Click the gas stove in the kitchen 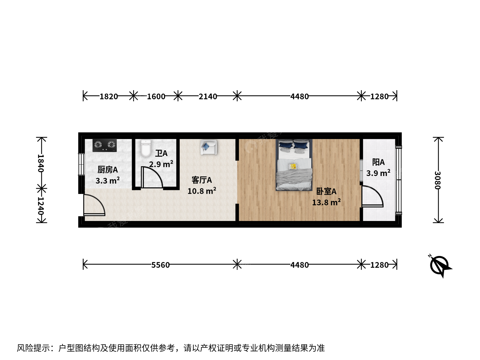(x=105, y=145)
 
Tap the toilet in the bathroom (x=146, y=148)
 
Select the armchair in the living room (x=209, y=147)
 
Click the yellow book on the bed (x=293, y=166)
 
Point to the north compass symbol (x=440, y=265)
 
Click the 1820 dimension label (x=109, y=96)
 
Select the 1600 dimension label (x=156, y=96)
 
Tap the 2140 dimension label (x=208, y=96)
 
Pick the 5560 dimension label (x=161, y=265)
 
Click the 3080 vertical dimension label (x=438, y=180)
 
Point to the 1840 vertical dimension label (x=41, y=163)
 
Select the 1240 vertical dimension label (x=41, y=206)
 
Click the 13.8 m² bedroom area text (x=326, y=202)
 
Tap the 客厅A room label (x=202, y=180)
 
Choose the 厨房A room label (x=108, y=170)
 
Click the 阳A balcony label (x=378, y=162)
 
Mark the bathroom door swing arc (x=157, y=174)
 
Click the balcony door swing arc (x=377, y=192)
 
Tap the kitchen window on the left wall (x=81, y=164)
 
